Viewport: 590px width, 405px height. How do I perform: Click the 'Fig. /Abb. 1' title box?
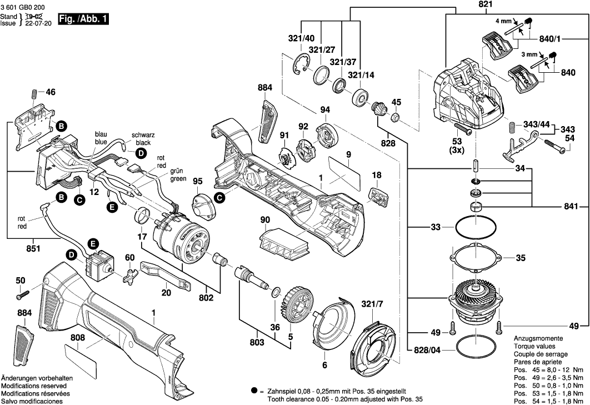click(83, 19)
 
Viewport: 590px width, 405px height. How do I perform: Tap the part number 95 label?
click(198, 182)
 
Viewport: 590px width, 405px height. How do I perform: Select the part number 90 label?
click(265, 221)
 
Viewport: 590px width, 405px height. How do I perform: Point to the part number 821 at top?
click(469, 5)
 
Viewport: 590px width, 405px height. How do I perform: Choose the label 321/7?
click(373, 305)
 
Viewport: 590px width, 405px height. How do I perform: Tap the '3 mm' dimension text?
click(529, 54)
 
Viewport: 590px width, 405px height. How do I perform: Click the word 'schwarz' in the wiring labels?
click(143, 135)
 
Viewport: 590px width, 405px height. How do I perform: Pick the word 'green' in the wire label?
click(178, 179)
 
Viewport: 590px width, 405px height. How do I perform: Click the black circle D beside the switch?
click(72, 255)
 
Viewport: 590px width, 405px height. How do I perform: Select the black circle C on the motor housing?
click(220, 197)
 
